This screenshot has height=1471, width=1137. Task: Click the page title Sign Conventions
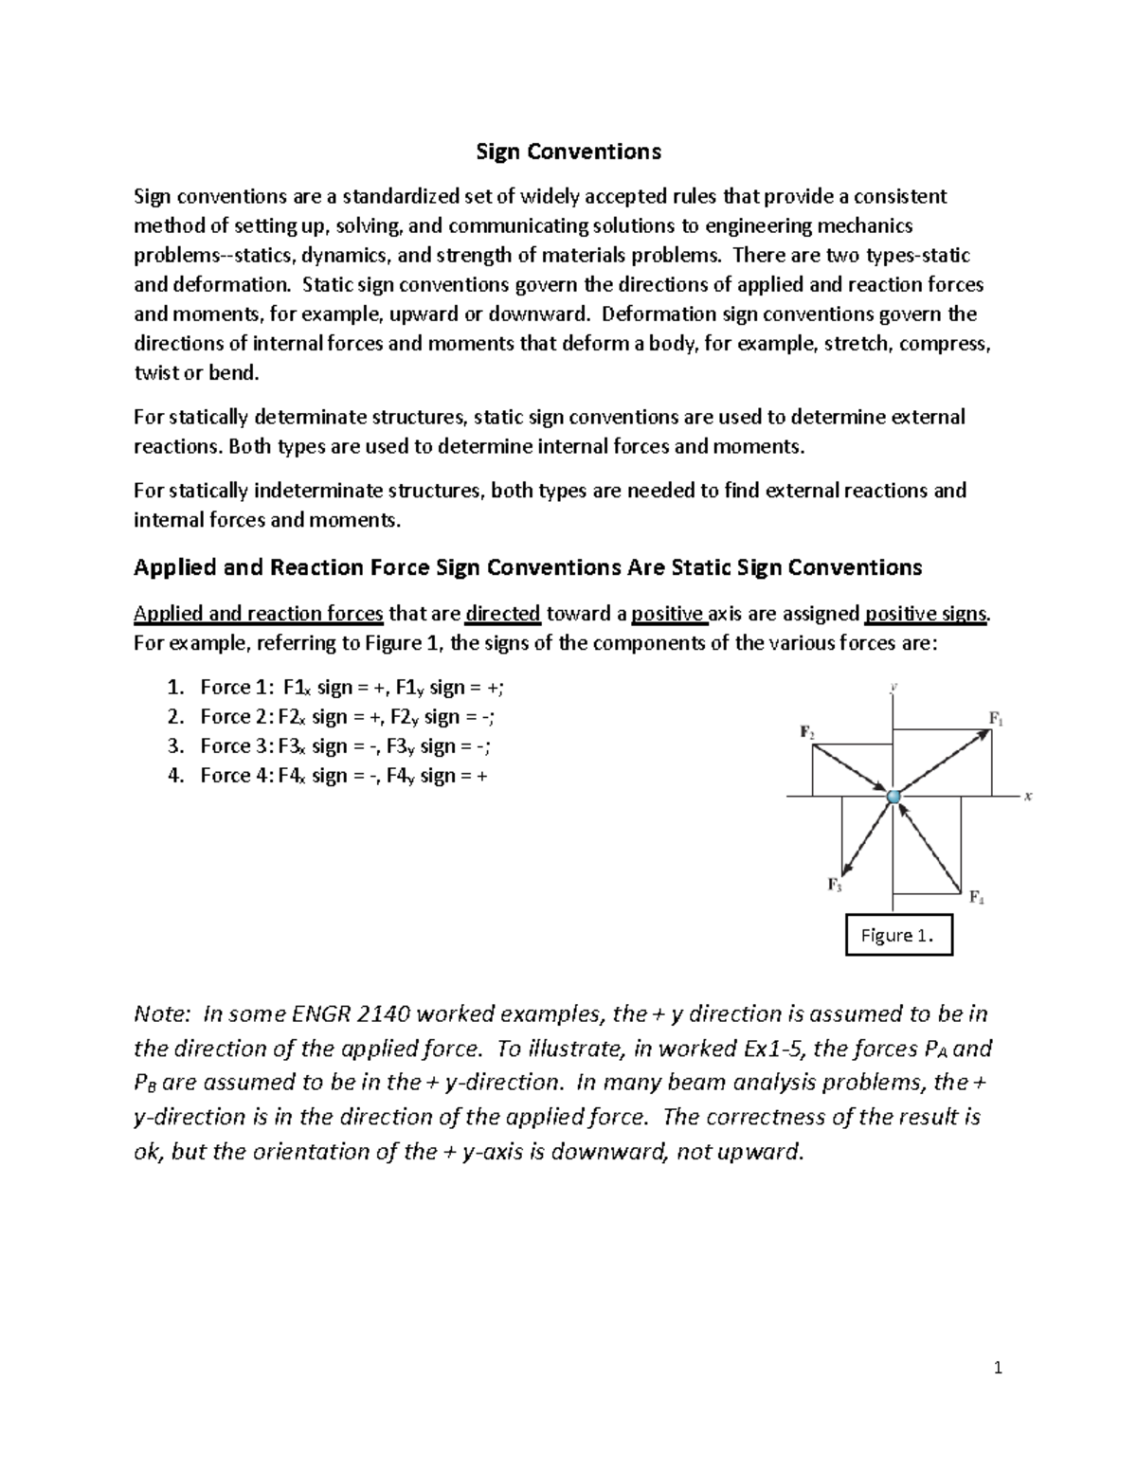click(x=568, y=152)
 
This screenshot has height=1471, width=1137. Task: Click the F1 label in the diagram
click(x=996, y=719)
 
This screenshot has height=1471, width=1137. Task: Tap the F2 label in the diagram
click(x=807, y=732)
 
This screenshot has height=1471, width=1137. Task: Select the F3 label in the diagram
click(x=835, y=885)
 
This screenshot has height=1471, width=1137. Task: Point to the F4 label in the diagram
click(x=976, y=897)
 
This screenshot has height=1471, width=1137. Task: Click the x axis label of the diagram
click(x=1027, y=797)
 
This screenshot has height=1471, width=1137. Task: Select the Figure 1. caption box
click(x=897, y=936)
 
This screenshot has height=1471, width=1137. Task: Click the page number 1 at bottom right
click(x=998, y=1367)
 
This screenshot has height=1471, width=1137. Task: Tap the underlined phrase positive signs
click(x=927, y=614)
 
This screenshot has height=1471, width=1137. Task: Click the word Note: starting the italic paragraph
click(x=163, y=1014)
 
